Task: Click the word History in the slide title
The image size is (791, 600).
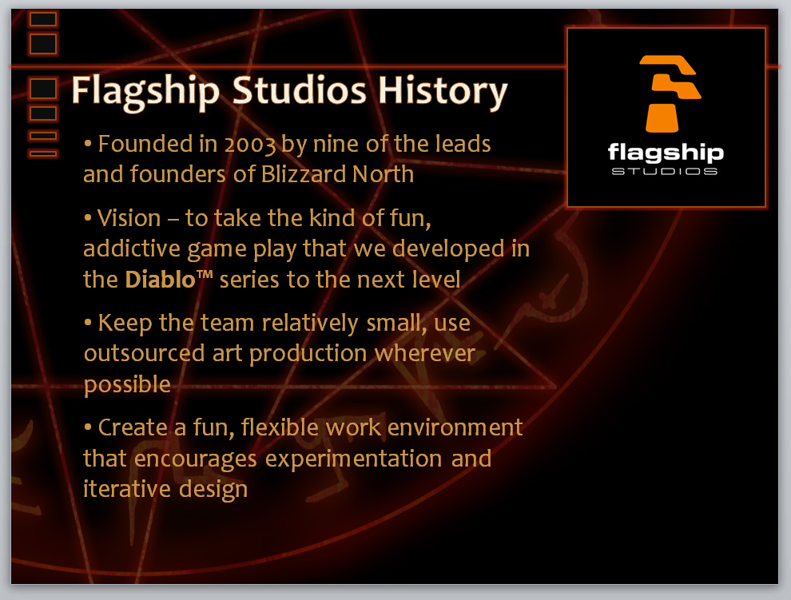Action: coord(443,91)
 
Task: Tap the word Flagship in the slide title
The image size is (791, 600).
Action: coord(145,91)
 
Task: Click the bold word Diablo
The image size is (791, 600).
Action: coord(160,279)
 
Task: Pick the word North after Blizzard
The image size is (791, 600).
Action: coord(383,174)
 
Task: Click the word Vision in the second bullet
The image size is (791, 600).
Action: coord(129,218)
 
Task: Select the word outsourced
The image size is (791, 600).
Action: coord(145,353)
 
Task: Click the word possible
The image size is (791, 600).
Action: coord(127,385)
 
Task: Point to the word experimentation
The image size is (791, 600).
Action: coord(354,459)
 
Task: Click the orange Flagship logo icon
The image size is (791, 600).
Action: coord(670,93)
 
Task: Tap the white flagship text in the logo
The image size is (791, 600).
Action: coord(666,153)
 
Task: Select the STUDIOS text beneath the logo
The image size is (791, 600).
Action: coord(665,172)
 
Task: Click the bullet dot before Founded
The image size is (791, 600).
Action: coord(88,145)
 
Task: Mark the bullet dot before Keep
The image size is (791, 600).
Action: coord(88,322)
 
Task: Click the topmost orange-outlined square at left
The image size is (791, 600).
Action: coord(43,19)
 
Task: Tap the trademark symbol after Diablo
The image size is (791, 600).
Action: coord(205,275)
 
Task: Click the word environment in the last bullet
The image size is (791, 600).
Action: coord(455,428)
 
